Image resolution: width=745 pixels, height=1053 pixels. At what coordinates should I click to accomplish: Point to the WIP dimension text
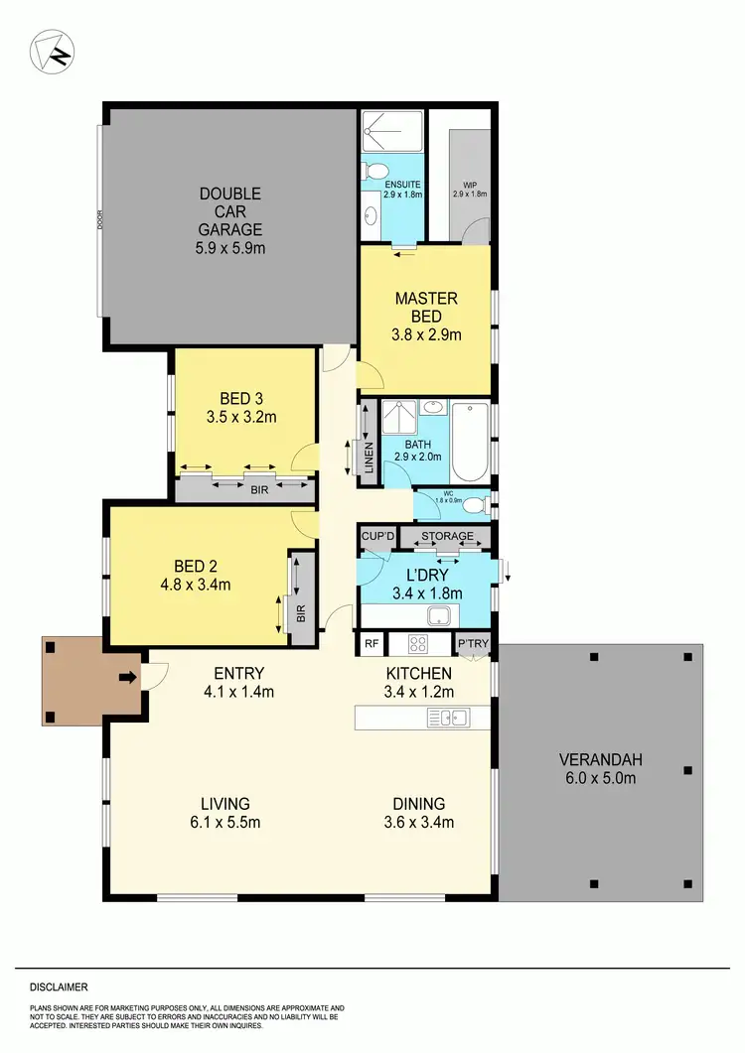(x=470, y=195)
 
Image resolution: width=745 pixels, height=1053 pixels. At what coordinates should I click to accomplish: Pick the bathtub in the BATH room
(x=471, y=442)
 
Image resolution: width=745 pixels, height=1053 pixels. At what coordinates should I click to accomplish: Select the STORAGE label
(x=447, y=537)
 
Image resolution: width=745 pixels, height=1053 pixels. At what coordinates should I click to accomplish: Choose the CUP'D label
(x=378, y=537)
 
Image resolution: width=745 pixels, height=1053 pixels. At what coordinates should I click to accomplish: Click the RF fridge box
(x=372, y=644)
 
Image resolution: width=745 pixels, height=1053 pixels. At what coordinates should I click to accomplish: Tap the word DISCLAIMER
(x=59, y=987)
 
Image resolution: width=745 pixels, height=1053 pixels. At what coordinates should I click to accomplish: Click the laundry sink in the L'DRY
(x=438, y=615)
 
